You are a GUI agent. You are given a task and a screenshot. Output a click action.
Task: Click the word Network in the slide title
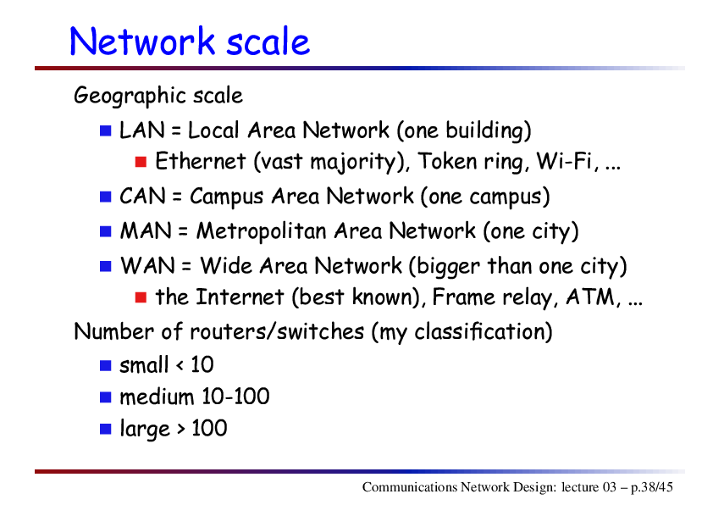click(142, 42)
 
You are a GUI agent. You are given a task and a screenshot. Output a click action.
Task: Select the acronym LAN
click(142, 130)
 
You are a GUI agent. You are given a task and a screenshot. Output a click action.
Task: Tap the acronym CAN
click(142, 197)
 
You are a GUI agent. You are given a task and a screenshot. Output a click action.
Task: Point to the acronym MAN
click(146, 231)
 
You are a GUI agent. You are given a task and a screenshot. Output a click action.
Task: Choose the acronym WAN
click(147, 266)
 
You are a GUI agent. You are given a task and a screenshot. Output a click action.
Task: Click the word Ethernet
click(201, 162)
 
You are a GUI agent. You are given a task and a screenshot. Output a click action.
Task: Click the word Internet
click(240, 297)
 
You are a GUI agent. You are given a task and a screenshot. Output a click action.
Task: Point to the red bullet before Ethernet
click(141, 162)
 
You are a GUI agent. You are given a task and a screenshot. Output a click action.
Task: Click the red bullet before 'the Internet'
click(141, 297)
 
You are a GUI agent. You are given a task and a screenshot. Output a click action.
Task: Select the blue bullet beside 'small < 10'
click(106, 365)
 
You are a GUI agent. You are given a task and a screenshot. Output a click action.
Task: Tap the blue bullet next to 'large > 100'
click(106, 429)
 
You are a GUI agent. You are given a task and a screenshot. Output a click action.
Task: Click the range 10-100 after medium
click(235, 397)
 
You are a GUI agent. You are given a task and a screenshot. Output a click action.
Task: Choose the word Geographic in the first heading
click(130, 97)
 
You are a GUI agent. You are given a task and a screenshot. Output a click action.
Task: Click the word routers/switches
click(277, 331)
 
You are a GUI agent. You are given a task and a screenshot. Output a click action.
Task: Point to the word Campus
click(226, 197)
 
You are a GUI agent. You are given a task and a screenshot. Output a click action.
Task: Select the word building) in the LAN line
click(489, 131)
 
